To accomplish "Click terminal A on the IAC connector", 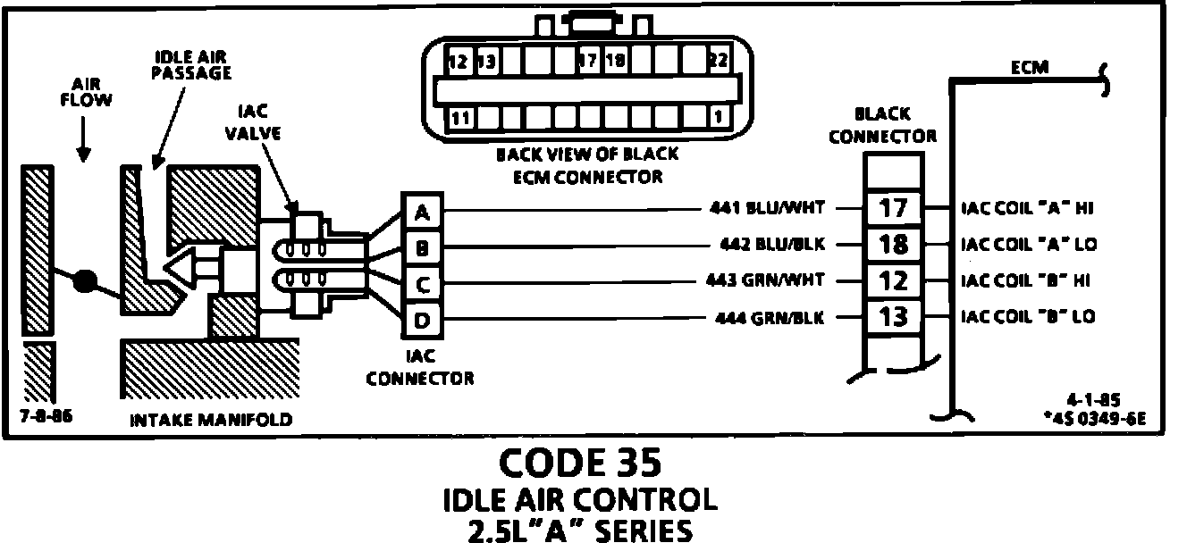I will (x=422, y=212).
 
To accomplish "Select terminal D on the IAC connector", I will (x=422, y=319).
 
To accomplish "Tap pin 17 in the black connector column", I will (x=892, y=208).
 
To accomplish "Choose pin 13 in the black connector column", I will (x=892, y=316).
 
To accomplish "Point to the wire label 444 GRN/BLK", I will (x=770, y=317).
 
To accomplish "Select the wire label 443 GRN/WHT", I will (x=770, y=280).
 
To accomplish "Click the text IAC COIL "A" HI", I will (x=1028, y=208).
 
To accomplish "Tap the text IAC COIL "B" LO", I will (x=1028, y=316).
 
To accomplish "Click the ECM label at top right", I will (x=1030, y=67).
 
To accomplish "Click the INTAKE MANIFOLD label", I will (x=211, y=419).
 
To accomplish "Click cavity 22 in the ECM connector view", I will (x=715, y=62).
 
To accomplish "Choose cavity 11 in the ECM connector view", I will (x=459, y=117).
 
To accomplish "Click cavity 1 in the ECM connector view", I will (x=717, y=117).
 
